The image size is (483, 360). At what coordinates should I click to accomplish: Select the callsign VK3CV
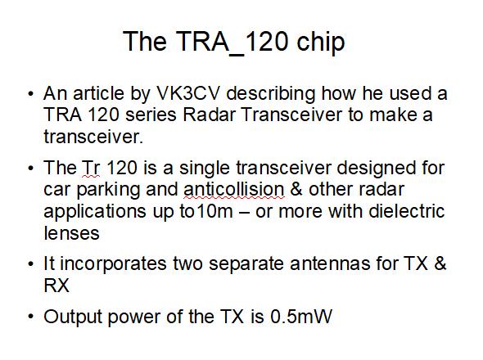(188, 93)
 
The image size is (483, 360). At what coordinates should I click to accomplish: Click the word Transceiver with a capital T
(291, 115)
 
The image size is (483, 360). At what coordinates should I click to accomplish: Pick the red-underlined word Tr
(91, 169)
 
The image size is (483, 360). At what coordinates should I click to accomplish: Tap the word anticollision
(234, 190)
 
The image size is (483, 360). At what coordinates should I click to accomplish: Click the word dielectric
(407, 212)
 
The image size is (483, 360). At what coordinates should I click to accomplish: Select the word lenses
(71, 233)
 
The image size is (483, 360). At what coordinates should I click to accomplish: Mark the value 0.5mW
(301, 317)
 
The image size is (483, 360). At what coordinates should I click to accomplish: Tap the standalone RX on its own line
(56, 286)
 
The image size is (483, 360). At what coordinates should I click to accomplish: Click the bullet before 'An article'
(30, 93)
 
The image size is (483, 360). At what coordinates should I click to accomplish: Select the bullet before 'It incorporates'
(30, 264)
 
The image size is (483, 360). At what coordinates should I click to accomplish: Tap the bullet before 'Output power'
(30, 317)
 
